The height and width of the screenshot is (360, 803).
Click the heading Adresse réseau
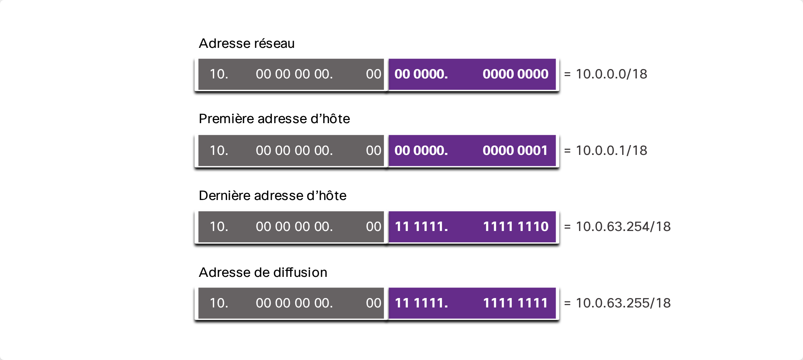click(247, 43)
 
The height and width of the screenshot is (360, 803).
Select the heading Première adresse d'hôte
click(274, 118)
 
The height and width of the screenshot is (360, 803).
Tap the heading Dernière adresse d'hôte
click(273, 195)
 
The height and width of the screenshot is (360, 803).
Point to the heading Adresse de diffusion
click(263, 272)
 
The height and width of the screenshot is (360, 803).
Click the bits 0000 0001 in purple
click(515, 150)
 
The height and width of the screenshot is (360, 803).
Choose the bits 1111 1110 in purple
click(516, 226)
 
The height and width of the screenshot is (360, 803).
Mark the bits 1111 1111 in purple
click(515, 303)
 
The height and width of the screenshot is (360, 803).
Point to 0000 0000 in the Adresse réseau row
click(516, 74)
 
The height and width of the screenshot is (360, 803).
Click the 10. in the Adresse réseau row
click(219, 74)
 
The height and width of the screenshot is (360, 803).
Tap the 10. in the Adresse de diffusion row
click(219, 303)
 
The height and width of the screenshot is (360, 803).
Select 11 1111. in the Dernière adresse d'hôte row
click(421, 226)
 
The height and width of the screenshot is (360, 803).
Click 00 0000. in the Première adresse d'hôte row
click(421, 150)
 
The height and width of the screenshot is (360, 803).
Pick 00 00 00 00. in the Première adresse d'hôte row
click(294, 150)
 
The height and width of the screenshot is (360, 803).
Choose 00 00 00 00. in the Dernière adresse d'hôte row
click(294, 226)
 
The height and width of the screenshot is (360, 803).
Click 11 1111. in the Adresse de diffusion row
click(421, 303)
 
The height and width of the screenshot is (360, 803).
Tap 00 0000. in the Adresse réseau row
click(421, 74)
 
